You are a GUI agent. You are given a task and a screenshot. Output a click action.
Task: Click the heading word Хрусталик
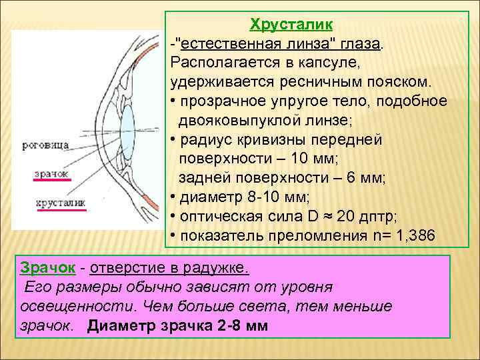pyautogui.click(x=291, y=26)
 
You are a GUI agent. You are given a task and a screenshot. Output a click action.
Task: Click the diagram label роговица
pyautogui.click(x=45, y=143)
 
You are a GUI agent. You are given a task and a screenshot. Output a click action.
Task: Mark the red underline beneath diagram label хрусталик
pyautogui.click(x=61, y=210)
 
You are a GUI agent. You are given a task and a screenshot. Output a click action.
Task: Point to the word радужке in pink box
pyautogui.click(x=219, y=268)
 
